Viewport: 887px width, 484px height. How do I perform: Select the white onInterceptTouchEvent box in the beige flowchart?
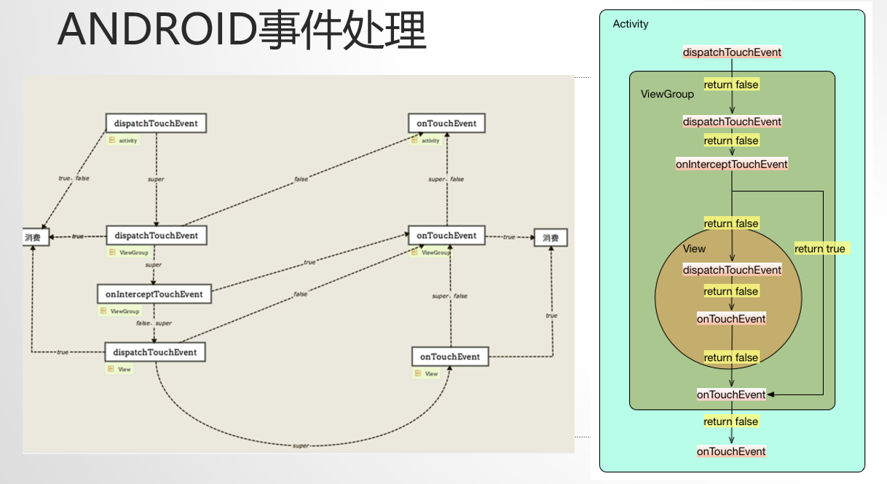pyautogui.click(x=154, y=294)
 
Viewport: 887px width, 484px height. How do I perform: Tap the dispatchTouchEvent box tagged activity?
pyautogui.click(x=156, y=123)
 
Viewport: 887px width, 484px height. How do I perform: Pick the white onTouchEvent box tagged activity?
pyautogui.click(x=446, y=123)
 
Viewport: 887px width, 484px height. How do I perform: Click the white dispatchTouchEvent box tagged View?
pyautogui.click(x=155, y=352)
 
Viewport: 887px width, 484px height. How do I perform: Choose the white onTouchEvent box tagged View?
pyautogui.click(x=449, y=357)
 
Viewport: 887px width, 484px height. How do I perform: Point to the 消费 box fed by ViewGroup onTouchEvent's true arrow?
pyautogui.click(x=550, y=237)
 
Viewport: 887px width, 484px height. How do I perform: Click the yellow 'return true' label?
pyautogui.click(x=820, y=249)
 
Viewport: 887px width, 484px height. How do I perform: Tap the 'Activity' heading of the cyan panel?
pyautogui.click(x=631, y=24)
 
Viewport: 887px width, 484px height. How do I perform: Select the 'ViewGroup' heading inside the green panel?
pyautogui.click(x=667, y=94)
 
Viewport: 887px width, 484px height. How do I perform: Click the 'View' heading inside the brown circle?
pyautogui.click(x=694, y=249)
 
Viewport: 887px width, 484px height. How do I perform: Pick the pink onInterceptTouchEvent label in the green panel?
pyautogui.click(x=732, y=164)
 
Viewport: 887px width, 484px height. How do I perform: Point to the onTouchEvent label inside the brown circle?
pyautogui.click(x=731, y=319)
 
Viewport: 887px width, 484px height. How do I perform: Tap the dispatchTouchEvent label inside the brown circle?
pyautogui.click(x=732, y=270)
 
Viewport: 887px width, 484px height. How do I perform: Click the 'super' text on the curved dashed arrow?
pyautogui.click(x=301, y=445)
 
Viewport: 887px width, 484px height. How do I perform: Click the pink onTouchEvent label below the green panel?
pyautogui.click(x=731, y=451)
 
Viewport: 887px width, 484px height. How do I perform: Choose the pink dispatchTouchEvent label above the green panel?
pyautogui.click(x=732, y=52)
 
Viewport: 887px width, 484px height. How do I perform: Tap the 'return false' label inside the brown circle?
pyautogui.click(x=731, y=291)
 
